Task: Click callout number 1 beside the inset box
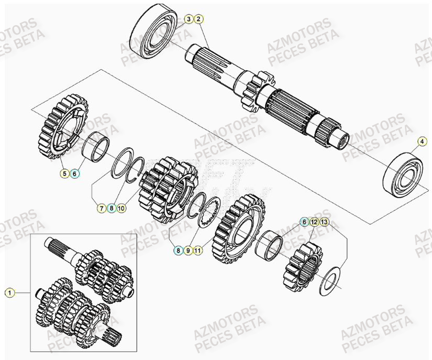point(9,292)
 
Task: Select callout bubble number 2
point(198,20)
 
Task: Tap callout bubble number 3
point(189,20)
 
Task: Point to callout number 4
point(422,141)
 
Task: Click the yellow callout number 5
point(64,173)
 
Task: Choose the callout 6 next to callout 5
point(74,173)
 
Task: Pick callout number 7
point(101,208)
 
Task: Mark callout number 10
point(121,208)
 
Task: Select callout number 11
point(197,250)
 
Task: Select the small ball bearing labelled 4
point(406,173)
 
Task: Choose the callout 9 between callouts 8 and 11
point(188,250)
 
